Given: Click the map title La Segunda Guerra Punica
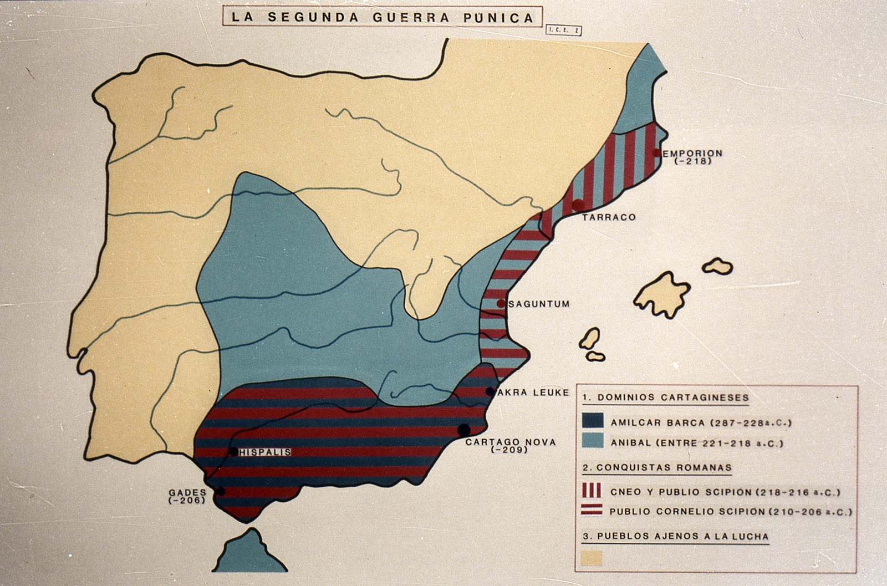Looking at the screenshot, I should point(383,17).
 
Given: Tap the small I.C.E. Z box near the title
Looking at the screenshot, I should point(563,30).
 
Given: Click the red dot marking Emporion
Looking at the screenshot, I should point(657,152).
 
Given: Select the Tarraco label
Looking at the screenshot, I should point(609,217).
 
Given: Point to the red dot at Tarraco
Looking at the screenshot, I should point(578,205).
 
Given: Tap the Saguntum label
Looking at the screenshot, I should point(539,304).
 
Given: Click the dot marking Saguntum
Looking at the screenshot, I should point(501,303).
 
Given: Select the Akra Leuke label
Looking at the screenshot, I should point(533,393).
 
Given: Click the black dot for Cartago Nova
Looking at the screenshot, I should point(464,429).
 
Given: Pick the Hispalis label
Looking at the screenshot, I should point(265,452).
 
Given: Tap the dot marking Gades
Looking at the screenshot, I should point(221,491).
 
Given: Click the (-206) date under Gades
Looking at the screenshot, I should point(187,500).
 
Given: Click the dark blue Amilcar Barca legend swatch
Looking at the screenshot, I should point(593,421).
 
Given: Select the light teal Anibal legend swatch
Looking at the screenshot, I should point(593,441).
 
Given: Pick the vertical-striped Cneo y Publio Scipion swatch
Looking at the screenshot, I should point(592,491).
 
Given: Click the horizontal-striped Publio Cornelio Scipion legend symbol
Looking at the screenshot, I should point(592,510).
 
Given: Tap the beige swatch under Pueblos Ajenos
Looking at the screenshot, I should point(592,558).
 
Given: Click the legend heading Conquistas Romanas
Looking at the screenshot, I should point(657,468).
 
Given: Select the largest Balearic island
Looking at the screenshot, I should point(662,294).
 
